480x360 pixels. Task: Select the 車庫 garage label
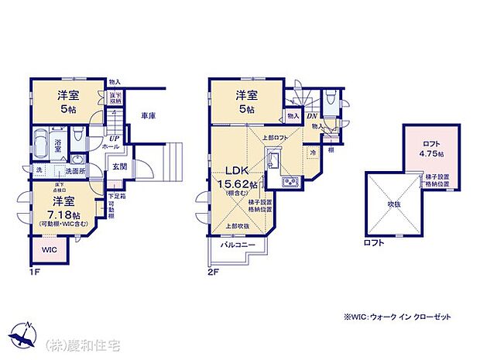click(149, 116)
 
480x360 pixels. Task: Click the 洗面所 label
click(74, 170)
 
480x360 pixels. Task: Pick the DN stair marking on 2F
click(312, 117)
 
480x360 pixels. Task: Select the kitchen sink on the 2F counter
click(275, 163)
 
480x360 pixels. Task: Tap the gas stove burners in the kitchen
click(290, 183)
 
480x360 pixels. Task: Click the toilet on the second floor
click(331, 99)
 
